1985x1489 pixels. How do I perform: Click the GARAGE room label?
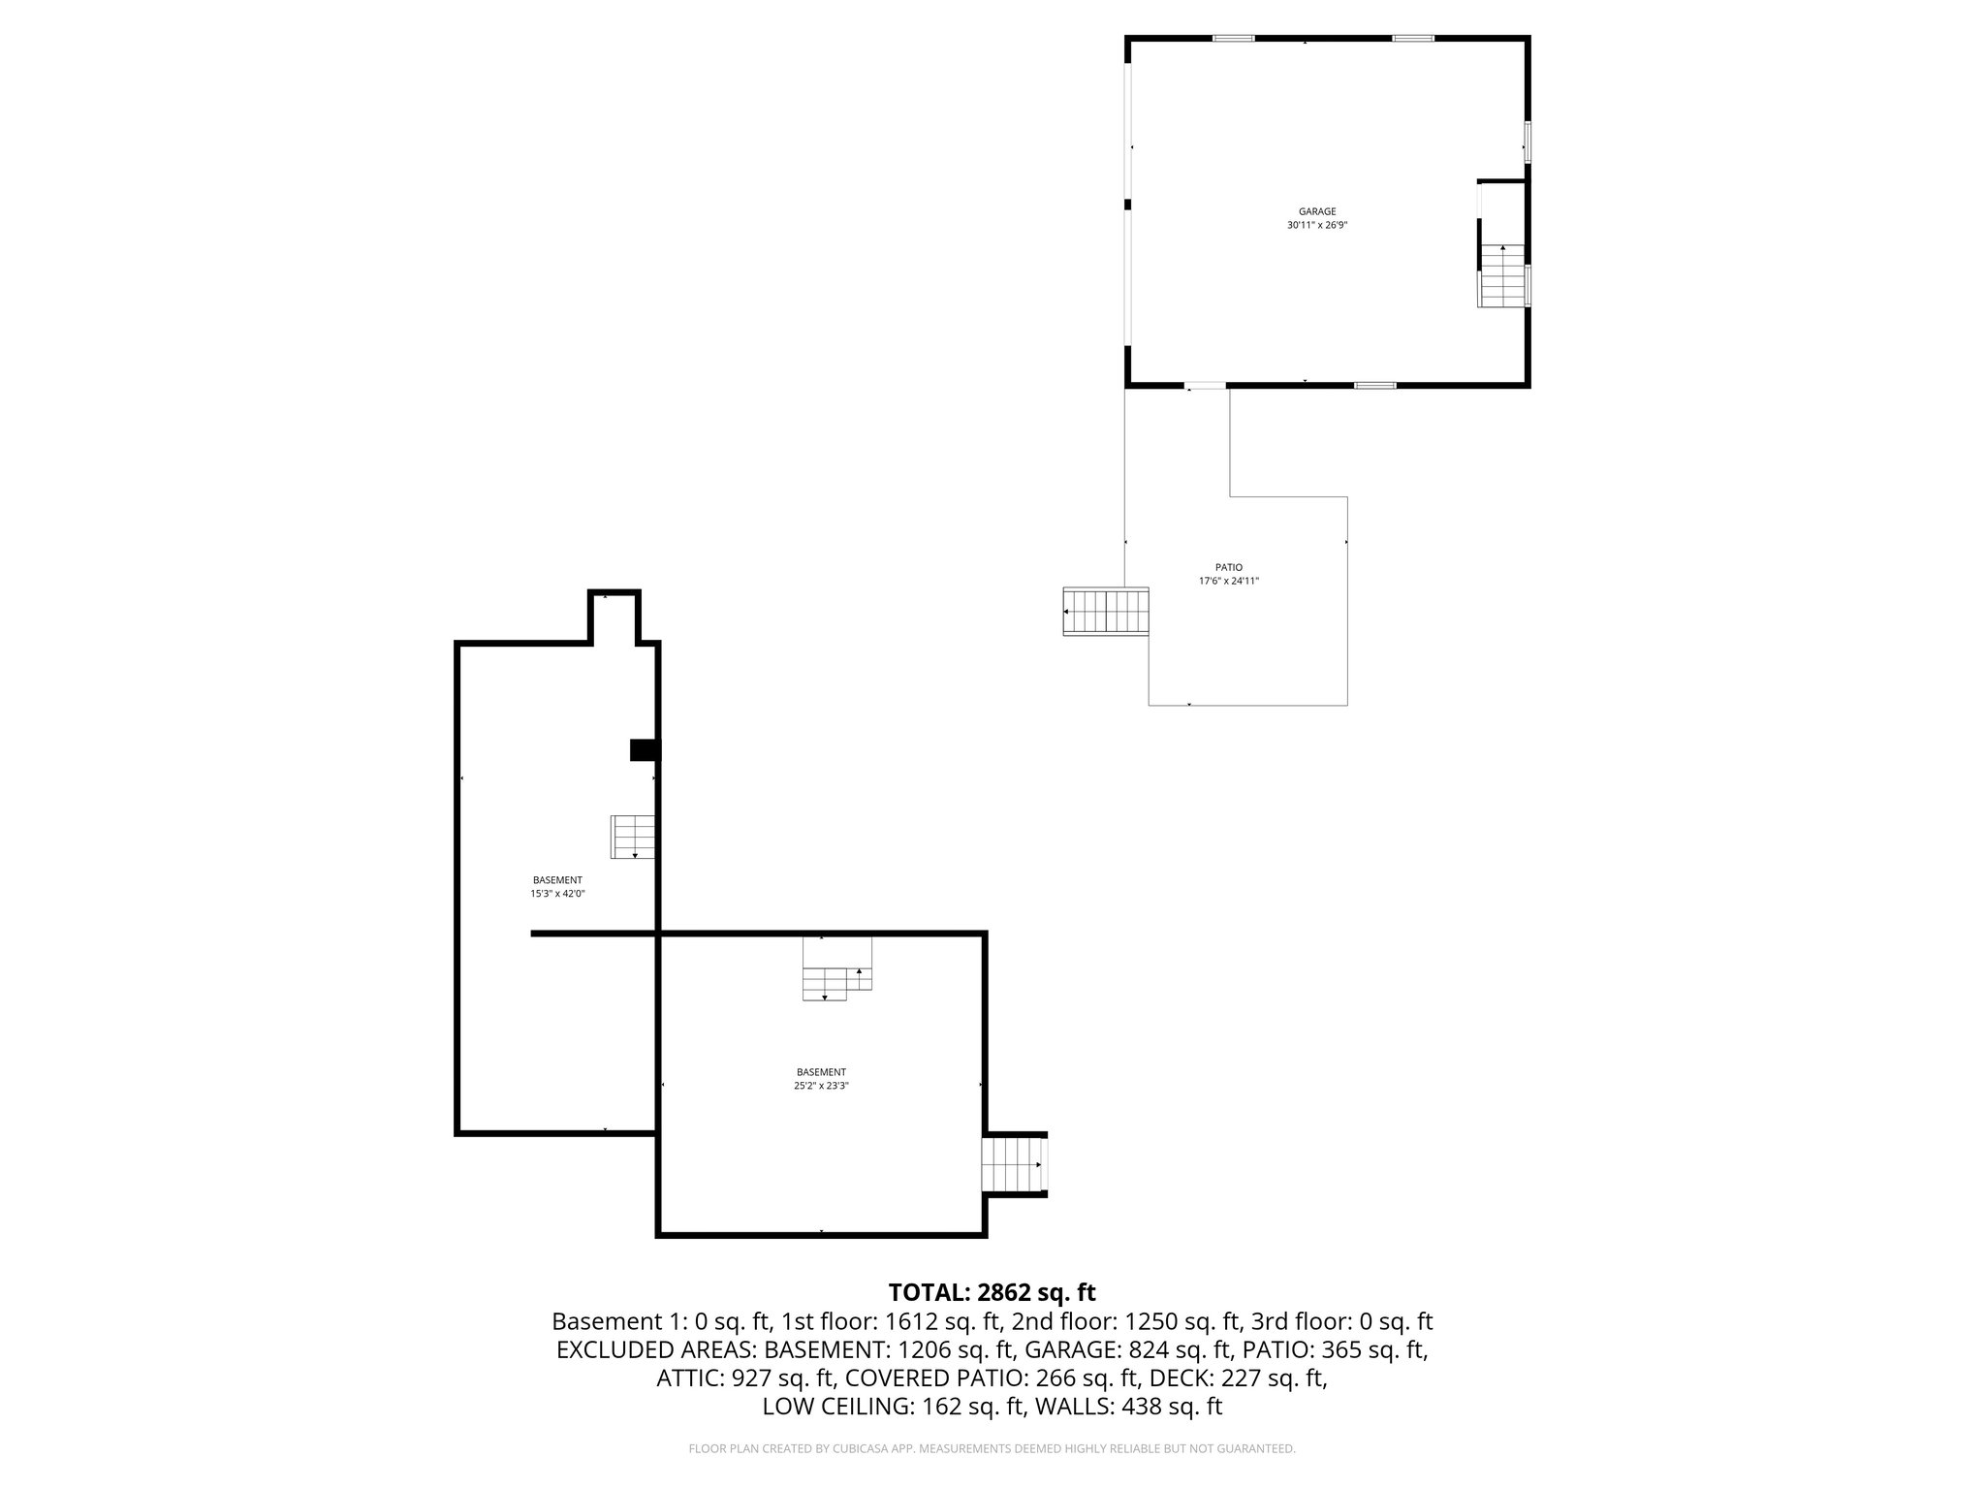1317,211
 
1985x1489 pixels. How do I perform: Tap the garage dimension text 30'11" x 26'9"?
1317,225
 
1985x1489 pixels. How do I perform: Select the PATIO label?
1228,567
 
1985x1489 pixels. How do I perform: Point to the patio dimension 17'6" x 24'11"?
1228,582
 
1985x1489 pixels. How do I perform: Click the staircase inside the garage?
1502,276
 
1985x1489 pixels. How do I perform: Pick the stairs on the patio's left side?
1105,612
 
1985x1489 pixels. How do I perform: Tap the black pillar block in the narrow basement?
645,750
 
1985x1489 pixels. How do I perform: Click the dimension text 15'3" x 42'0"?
557,895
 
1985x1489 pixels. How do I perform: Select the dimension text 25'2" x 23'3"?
821,1086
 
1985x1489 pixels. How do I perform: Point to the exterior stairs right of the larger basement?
1013,1165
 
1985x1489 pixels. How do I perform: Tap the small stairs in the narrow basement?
633,837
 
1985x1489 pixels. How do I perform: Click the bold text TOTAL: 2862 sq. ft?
992,1292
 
